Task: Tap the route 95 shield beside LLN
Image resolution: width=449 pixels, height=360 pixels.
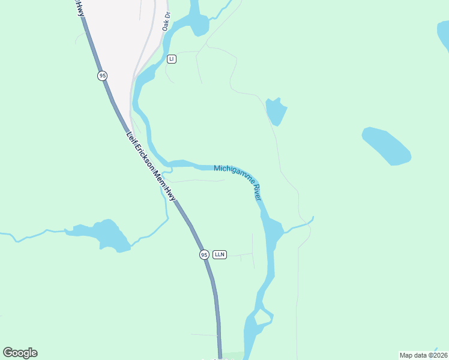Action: tap(204, 254)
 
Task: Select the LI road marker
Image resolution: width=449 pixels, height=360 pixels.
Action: tap(172, 59)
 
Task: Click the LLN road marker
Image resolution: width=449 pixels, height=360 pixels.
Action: tap(219, 254)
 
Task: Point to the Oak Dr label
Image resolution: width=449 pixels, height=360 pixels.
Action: tap(166, 22)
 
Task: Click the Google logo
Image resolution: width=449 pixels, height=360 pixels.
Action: tap(20, 353)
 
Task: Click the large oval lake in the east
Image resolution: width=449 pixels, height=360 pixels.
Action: tap(387, 146)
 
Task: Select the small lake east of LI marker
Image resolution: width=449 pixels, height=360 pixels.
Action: tap(276, 111)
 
